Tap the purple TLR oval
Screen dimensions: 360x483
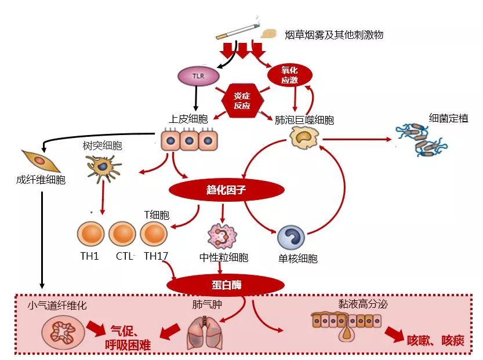pos(198,75)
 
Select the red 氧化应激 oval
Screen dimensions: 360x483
pos(289,74)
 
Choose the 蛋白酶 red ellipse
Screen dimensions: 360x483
pos(226,284)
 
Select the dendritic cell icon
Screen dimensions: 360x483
pos(104,167)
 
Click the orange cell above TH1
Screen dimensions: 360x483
pos(90,234)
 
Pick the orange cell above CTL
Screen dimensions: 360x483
pos(122,234)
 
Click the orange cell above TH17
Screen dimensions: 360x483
pos(154,234)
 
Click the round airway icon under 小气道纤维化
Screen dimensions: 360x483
pos(59,332)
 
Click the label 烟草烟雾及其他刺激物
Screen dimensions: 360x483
pos(334,35)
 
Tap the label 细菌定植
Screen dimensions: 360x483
pos(448,119)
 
